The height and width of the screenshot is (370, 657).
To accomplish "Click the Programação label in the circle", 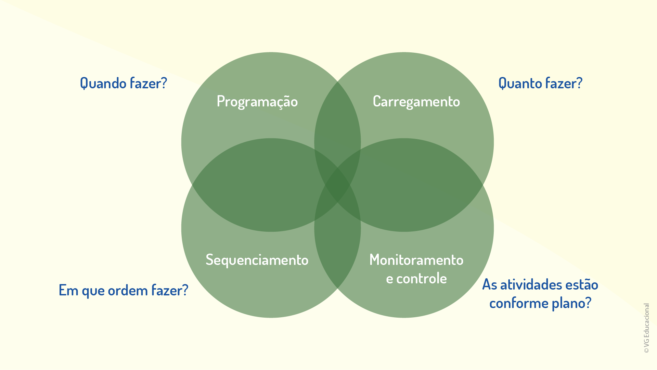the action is pyautogui.click(x=257, y=102).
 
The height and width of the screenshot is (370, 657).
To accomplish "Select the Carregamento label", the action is pyautogui.click(x=416, y=102).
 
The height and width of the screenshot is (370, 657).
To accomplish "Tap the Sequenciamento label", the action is pyautogui.click(x=257, y=260).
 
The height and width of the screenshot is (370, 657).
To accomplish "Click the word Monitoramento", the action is pyautogui.click(x=416, y=260).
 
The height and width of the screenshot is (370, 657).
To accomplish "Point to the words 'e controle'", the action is pyautogui.click(x=416, y=279).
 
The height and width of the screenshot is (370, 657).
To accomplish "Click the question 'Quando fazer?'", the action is pyautogui.click(x=124, y=83).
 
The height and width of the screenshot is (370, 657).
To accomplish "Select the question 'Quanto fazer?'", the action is pyautogui.click(x=540, y=83).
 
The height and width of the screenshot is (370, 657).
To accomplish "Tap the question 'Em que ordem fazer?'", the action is pyautogui.click(x=124, y=290).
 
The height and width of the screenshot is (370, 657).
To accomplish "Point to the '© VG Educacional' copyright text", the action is pyautogui.click(x=646, y=328).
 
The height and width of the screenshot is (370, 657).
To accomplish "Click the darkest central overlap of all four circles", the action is pyautogui.click(x=337, y=185).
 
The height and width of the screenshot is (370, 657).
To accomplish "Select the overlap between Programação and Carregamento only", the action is pyautogui.click(x=337, y=127).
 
